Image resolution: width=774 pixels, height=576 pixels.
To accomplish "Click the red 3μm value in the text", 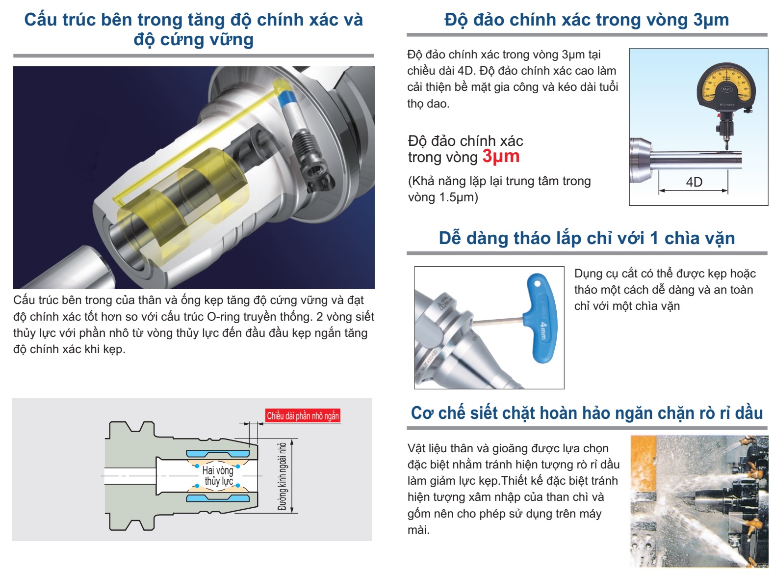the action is pos(500,156).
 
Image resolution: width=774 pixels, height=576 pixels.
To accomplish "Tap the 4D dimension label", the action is pos(694,182).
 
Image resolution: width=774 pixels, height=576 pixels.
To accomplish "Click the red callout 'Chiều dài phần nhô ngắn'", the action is pos(303,416).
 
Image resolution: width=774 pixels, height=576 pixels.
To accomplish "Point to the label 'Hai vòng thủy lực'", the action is pos(218,476).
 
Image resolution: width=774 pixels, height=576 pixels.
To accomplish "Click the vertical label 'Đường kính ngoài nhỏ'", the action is pos(283,476).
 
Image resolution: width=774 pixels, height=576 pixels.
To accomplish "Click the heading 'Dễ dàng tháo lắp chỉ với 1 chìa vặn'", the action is pos(587,238).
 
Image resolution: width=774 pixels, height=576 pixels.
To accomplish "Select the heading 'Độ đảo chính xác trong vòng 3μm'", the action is pos(587,20).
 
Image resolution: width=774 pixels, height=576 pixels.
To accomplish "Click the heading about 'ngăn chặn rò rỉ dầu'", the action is pos(587,413).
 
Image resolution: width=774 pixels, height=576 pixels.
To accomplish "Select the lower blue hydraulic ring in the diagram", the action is pos(218,498).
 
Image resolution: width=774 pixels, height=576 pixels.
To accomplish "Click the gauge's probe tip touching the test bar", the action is pos(726,150).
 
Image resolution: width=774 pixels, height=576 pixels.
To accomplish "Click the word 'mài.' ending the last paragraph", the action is pos(418,530).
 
